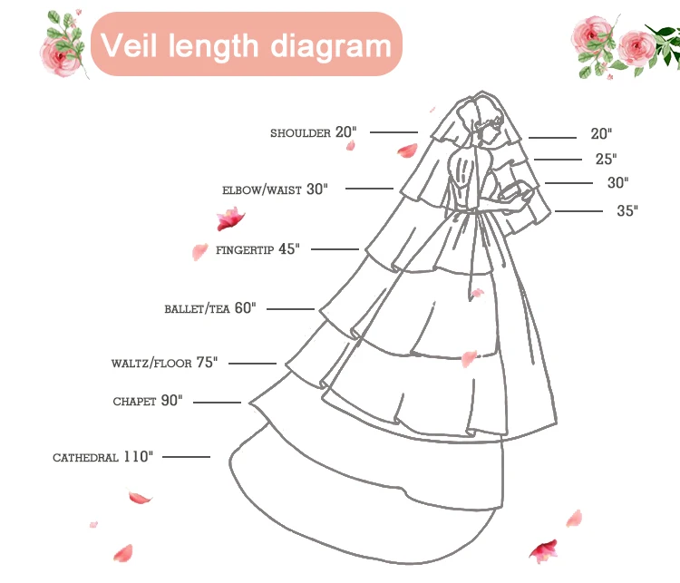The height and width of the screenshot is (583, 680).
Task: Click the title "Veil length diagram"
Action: tap(246, 44)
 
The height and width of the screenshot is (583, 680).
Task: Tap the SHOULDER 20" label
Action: tap(313, 132)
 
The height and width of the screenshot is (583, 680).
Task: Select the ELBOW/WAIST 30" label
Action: tap(274, 189)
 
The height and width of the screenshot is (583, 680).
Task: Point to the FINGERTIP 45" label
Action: tap(257, 249)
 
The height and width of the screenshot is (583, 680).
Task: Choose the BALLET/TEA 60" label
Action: tap(209, 308)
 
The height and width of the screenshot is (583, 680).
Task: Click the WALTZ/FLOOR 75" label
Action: tap(165, 363)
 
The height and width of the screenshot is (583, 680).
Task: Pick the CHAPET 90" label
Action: tap(147, 401)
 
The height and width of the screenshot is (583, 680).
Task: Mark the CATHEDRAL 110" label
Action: tap(102, 457)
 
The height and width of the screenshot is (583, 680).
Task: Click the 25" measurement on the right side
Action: tap(606, 159)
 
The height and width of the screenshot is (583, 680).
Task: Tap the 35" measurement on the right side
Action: tap(627, 211)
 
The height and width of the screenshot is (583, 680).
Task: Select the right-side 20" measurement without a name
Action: tap(601, 134)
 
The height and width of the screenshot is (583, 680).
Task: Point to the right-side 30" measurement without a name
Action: tap(617, 183)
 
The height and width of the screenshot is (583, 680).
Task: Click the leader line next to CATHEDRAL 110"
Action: tap(186, 456)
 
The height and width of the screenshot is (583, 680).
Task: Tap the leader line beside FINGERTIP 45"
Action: tap(335, 248)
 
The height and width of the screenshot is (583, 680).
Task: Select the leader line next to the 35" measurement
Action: tap(579, 211)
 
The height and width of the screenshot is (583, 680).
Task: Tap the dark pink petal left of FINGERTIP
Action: tap(230, 219)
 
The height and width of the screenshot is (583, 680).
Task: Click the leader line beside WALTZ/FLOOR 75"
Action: tap(252, 364)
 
